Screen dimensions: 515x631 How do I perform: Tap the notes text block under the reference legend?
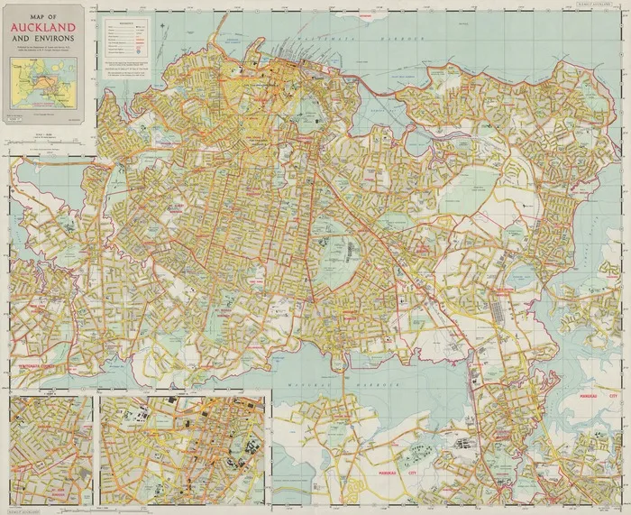[127, 69]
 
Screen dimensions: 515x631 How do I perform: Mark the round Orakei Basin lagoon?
[416, 142]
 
